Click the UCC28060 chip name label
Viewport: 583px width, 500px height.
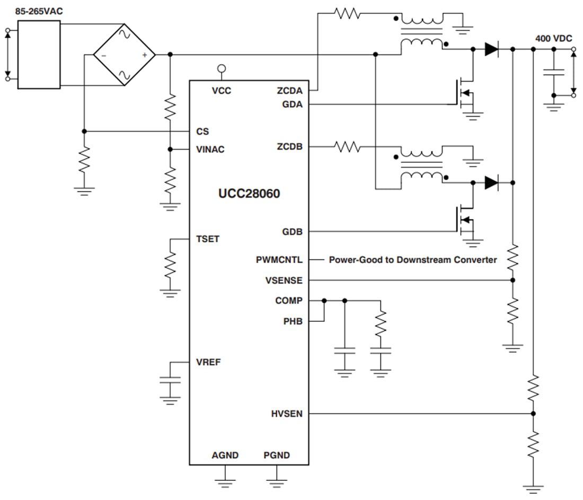249,194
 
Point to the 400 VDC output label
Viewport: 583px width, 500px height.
554,39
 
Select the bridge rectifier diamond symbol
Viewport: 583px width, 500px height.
125,55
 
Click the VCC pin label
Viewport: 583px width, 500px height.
222,91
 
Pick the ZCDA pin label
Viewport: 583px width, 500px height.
289,91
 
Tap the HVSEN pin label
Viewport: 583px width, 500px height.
287,414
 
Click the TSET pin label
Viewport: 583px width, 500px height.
207,239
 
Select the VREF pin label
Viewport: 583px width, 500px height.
208,363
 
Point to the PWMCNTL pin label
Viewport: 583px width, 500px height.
279,260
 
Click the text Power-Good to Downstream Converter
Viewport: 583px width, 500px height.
413,260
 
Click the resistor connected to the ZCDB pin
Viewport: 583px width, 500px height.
348,146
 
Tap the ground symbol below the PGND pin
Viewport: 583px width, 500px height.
276,482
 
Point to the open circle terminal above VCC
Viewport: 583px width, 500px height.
222,68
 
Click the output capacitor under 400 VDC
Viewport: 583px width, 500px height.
553,73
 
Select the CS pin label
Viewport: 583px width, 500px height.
202,131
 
